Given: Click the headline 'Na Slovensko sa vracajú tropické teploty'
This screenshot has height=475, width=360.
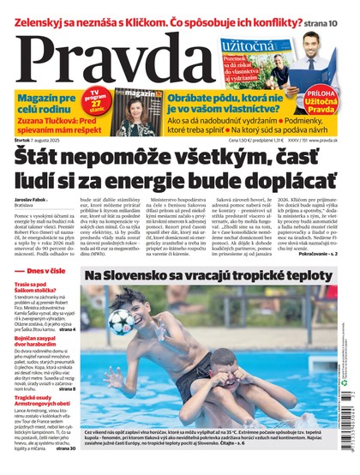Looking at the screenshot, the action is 208,275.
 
